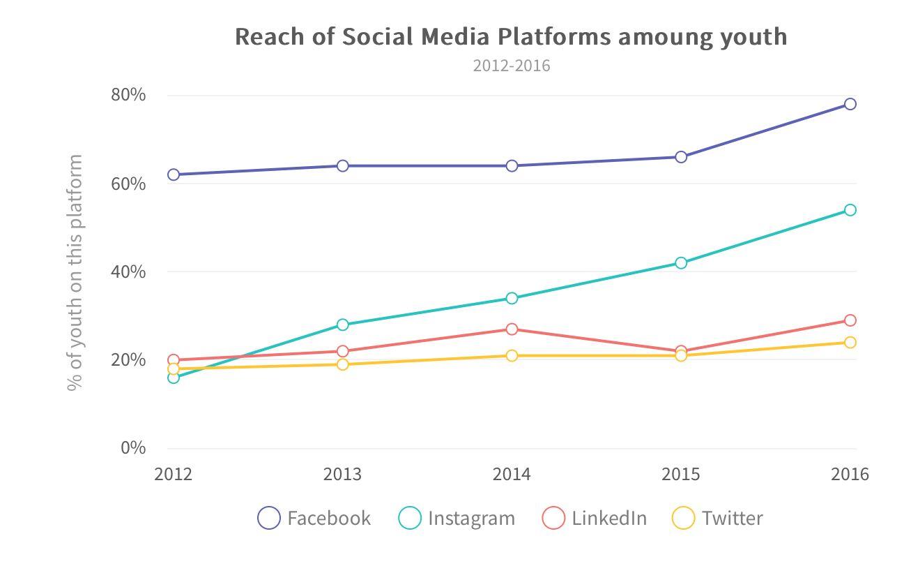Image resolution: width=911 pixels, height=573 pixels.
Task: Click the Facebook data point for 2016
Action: (x=850, y=104)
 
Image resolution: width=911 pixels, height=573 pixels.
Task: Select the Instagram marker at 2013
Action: (x=342, y=325)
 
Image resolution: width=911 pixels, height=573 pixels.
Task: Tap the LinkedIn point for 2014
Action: (x=512, y=329)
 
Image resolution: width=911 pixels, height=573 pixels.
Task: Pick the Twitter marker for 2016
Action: (x=850, y=342)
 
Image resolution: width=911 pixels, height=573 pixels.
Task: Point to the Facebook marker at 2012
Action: (x=174, y=174)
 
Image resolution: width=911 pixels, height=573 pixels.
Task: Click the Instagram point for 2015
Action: (x=681, y=263)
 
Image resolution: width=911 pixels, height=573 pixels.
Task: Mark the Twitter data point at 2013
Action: (x=342, y=364)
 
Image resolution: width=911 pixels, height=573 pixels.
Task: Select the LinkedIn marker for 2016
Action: (x=850, y=320)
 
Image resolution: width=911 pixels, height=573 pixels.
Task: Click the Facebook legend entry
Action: (x=314, y=518)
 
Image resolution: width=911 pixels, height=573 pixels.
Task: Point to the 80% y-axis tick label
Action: (x=128, y=95)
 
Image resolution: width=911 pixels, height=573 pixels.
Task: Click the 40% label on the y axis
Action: (x=128, y=271)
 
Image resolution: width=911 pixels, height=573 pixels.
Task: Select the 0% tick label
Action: (x=132, y=447)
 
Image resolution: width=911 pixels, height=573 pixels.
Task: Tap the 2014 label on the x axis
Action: (x=512, y=475)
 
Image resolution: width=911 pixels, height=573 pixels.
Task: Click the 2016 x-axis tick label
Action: (x=850, y=475)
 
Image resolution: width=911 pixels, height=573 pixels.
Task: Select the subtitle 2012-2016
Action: (x=512, y=66)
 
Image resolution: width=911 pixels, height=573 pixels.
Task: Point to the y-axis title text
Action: (x=75, y=272)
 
